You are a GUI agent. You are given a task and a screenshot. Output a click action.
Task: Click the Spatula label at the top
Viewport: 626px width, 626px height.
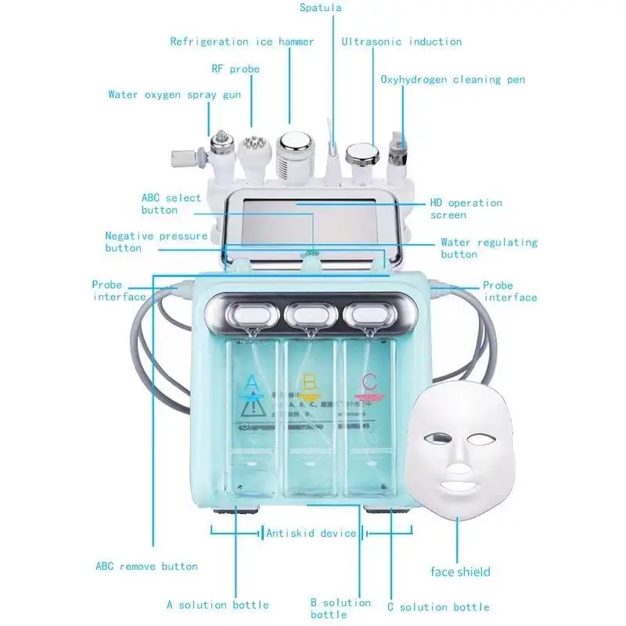(x=321, y=8)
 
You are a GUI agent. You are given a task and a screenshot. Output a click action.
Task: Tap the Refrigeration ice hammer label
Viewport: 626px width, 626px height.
(x=242, y=41)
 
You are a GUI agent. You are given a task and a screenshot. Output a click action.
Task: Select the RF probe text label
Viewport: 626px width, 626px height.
(x=235, y=69)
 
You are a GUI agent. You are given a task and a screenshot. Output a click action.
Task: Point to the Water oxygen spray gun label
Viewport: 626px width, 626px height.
(x=174, y=95)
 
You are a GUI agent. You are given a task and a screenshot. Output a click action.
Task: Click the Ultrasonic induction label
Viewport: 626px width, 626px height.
(x=401, y=41)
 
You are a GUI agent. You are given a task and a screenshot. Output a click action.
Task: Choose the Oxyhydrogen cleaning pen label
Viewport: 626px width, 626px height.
(x=452, y=79)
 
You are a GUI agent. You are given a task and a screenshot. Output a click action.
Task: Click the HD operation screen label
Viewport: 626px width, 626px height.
(x=466, y=208)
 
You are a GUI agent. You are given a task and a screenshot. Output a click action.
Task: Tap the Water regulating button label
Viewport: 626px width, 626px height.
(x=488, y=248)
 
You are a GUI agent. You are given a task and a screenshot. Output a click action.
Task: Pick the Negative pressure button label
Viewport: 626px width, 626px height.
(x=156, y=241)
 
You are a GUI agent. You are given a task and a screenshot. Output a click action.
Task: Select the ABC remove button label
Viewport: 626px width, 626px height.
(x=146, y=566)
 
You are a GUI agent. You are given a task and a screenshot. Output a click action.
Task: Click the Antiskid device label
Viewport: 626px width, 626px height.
(x=311, y=534)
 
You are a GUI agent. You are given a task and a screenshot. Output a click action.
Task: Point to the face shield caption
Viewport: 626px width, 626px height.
(x=461, y=571)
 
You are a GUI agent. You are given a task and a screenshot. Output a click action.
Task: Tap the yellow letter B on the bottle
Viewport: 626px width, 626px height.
(x=309, y=383)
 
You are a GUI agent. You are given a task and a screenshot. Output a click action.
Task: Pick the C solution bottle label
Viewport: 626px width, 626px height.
(x=438, y=607)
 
